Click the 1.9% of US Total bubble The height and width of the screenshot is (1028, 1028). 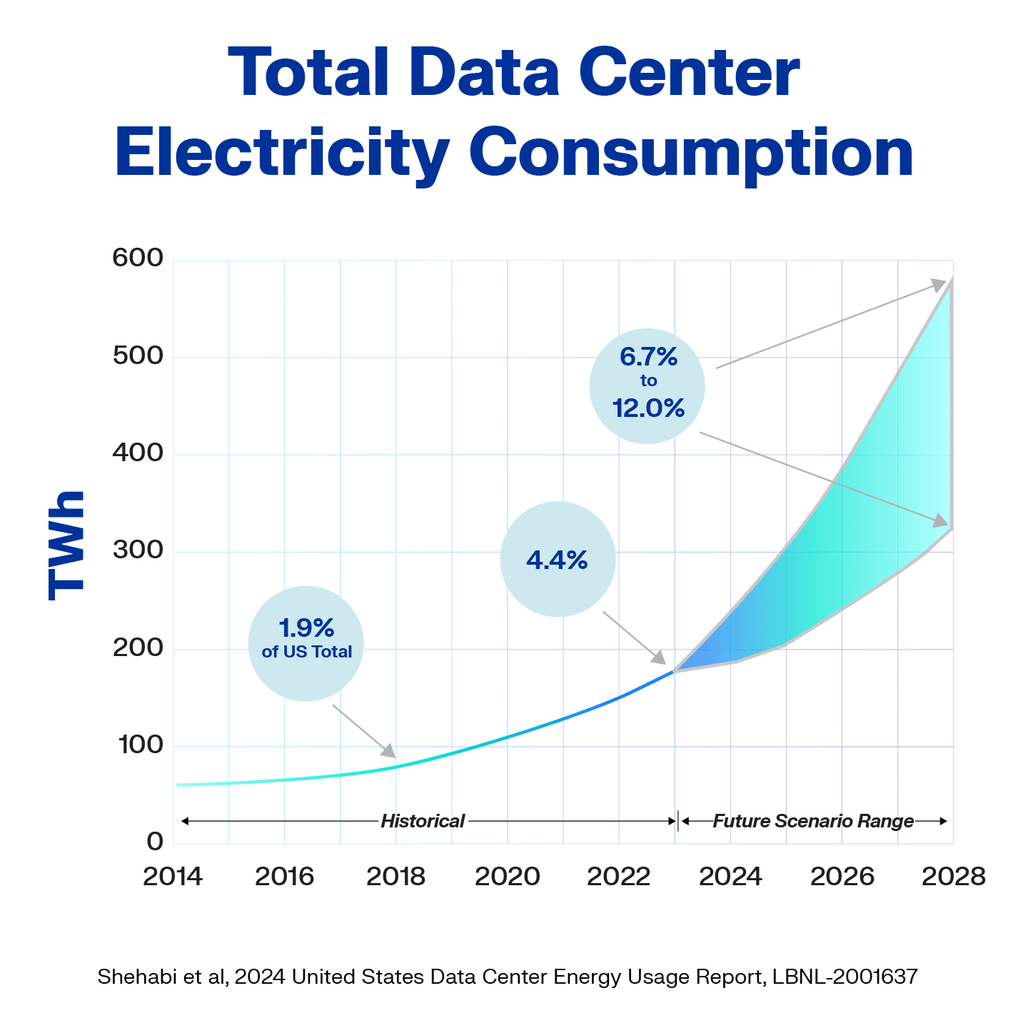click(306, 642)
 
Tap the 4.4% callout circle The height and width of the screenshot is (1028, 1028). click(558, 559)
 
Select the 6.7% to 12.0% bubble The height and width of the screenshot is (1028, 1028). click(647, 386)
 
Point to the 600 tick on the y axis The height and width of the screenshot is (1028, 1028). click(138, 258)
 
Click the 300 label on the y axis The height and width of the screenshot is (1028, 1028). click(138, 550)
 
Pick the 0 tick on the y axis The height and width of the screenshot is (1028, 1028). click(155, 842)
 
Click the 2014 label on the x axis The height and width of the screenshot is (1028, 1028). click(173, 876)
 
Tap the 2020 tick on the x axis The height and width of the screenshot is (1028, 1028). click(508, 876)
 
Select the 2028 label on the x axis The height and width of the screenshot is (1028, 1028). click(953, 876)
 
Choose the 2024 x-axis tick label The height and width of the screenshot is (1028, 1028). click(730, 876)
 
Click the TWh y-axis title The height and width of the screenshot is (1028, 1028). click(66, 545)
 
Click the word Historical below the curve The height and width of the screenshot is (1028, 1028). click(423, 821)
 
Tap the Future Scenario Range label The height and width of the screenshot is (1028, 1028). click(813, 821)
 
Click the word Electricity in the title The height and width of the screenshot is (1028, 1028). click(281, 152)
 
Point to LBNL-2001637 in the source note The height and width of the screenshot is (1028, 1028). click(845, 977)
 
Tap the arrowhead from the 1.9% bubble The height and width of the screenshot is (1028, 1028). click(388, 751)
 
